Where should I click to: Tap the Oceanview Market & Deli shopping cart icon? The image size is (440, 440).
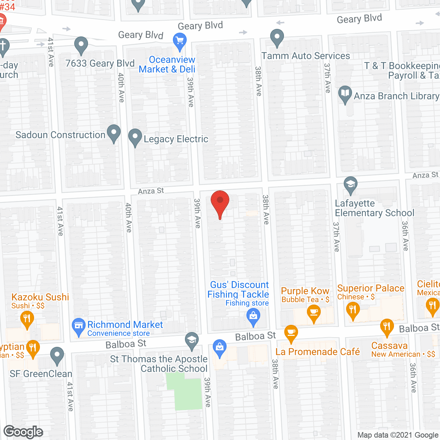pyautogui.click(x=179, y=41)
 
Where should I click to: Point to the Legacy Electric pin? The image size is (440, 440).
pyautogui.click(x=135, y=137)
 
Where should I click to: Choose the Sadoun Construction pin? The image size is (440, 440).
pyautogui.click(x=114, y=132)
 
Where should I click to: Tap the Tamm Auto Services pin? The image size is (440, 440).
pyautogui.click(x=277, y=37)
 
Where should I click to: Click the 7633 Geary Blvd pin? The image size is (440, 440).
pyautogui.click(x=81, y=44)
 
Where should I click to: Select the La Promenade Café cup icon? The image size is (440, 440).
pyautogui.click(x=291, y=333)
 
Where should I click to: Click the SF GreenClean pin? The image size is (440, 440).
pyautogui.click(x=57, y=355)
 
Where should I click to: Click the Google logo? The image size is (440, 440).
pyautogui.click(x=23, y=432)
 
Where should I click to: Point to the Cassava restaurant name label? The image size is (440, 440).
pyautogui.click(x=389, y=345)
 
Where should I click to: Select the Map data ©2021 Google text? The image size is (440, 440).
pyautogui.click(x=398, y=435)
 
